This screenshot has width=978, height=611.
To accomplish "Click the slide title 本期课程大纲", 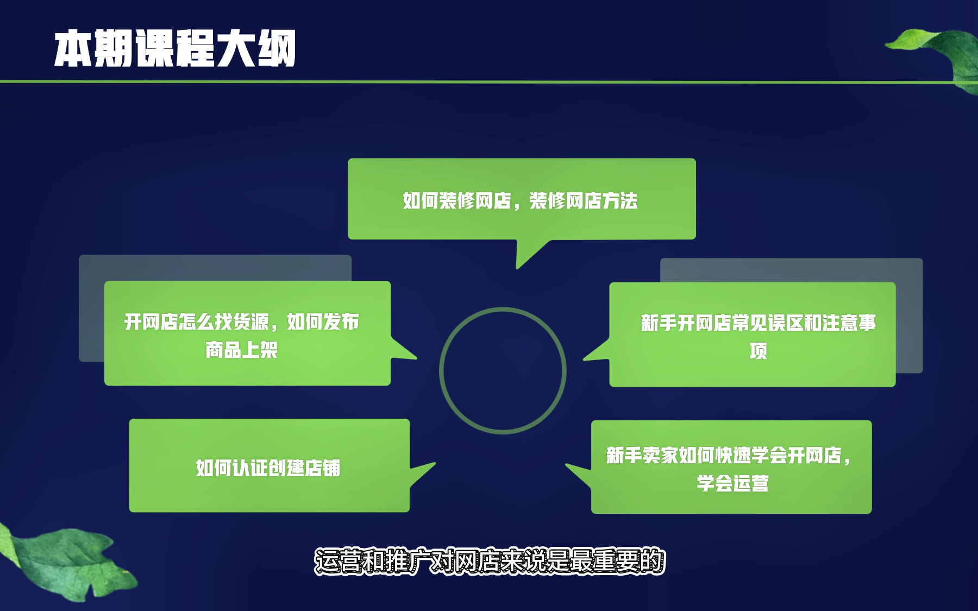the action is [x=175, y=48].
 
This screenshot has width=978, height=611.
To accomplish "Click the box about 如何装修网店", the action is [x=522, y=199].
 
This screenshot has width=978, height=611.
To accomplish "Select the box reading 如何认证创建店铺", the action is [x=269, y=465].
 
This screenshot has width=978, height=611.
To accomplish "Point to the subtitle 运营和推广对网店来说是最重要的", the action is [x=490, y=562].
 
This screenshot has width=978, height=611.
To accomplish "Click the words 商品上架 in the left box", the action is [x=242, y=350].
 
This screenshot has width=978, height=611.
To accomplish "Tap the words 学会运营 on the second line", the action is [x=733, y=483].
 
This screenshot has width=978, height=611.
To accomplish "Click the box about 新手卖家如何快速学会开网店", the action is [x=731, y=467].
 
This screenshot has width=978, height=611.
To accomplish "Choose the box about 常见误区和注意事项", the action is [x=753, y=335].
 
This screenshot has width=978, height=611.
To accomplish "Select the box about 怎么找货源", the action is [x=247, y=333].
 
